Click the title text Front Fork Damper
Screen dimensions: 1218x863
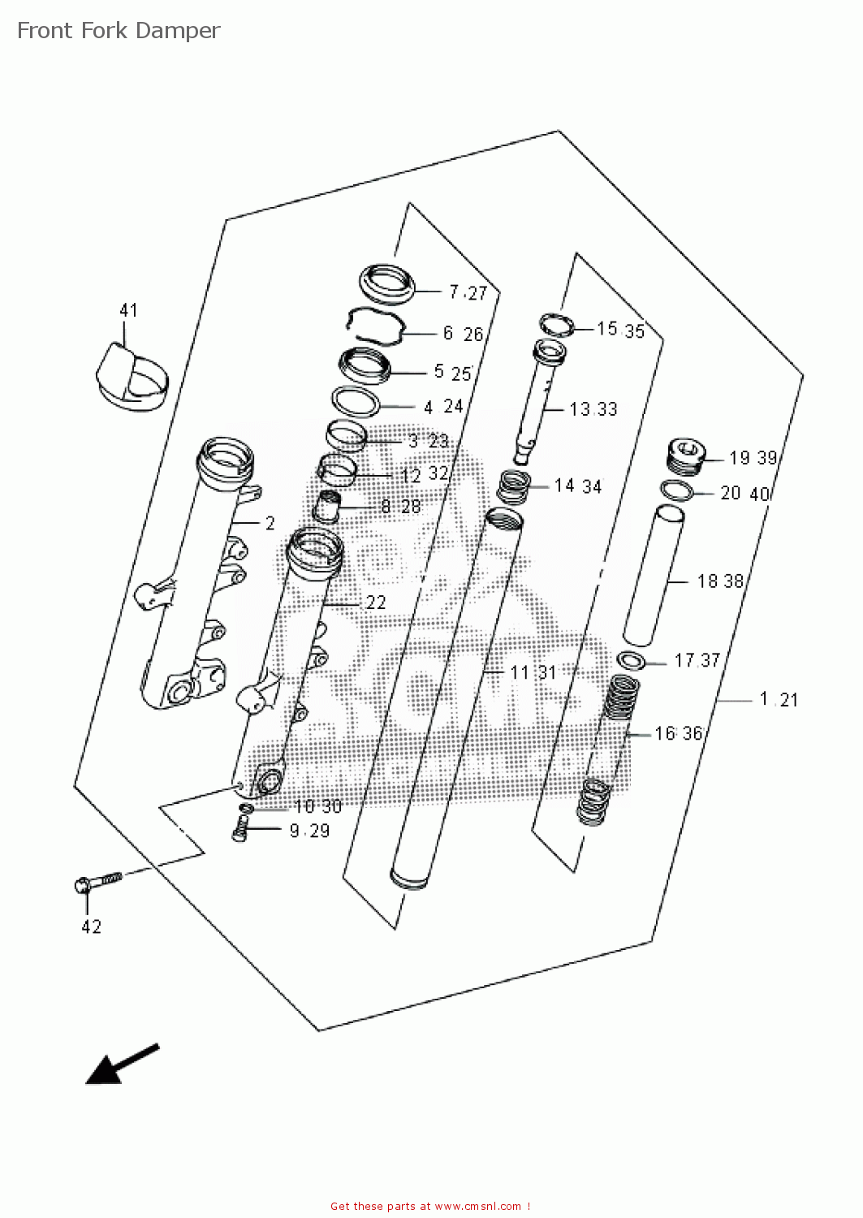tap(119, 31)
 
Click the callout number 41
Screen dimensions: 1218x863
tap(128, 310)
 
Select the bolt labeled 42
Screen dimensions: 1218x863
tap(96, 882)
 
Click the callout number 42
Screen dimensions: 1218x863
tap(91, 926)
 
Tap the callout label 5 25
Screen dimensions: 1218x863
tap(452, 373)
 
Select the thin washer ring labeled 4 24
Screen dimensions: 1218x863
tap(356, 401)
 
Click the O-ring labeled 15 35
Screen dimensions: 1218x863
tap(556, 326)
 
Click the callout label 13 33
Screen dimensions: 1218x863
tap(593, 409)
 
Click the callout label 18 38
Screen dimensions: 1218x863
tap(719, 581)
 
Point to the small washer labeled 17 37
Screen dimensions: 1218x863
tap(631, 660)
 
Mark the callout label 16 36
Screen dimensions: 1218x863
tap(678, 733)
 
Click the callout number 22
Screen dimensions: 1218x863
tap(375, 603)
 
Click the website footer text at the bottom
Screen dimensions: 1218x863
tap(430, 1207)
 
